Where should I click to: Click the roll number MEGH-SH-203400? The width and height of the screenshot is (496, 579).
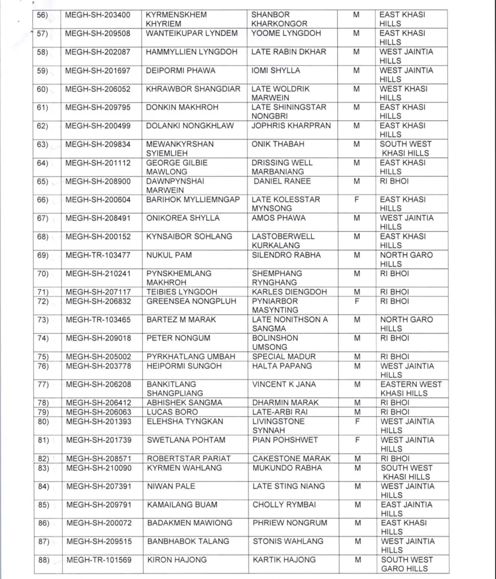(98, 15)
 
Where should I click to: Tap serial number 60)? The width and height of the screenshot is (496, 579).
(42, 89)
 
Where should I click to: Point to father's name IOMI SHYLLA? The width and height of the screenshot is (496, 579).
(276, 71)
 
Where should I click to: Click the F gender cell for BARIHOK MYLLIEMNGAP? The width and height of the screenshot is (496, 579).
(356, 200)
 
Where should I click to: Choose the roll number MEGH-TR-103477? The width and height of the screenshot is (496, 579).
(98, 255)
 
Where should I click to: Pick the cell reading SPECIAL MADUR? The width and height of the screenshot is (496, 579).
(284, 357)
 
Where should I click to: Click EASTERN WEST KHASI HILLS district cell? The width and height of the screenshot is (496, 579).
(411, 388)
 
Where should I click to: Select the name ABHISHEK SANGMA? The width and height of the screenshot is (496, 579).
(184, 403)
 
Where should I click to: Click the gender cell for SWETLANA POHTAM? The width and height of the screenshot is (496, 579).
(356, 440)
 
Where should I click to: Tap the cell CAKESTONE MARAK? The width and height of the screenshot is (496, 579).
(291, 459)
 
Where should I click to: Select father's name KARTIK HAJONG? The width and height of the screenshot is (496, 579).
(284, 560)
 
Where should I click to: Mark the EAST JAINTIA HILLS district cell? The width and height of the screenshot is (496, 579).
(406, 509)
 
